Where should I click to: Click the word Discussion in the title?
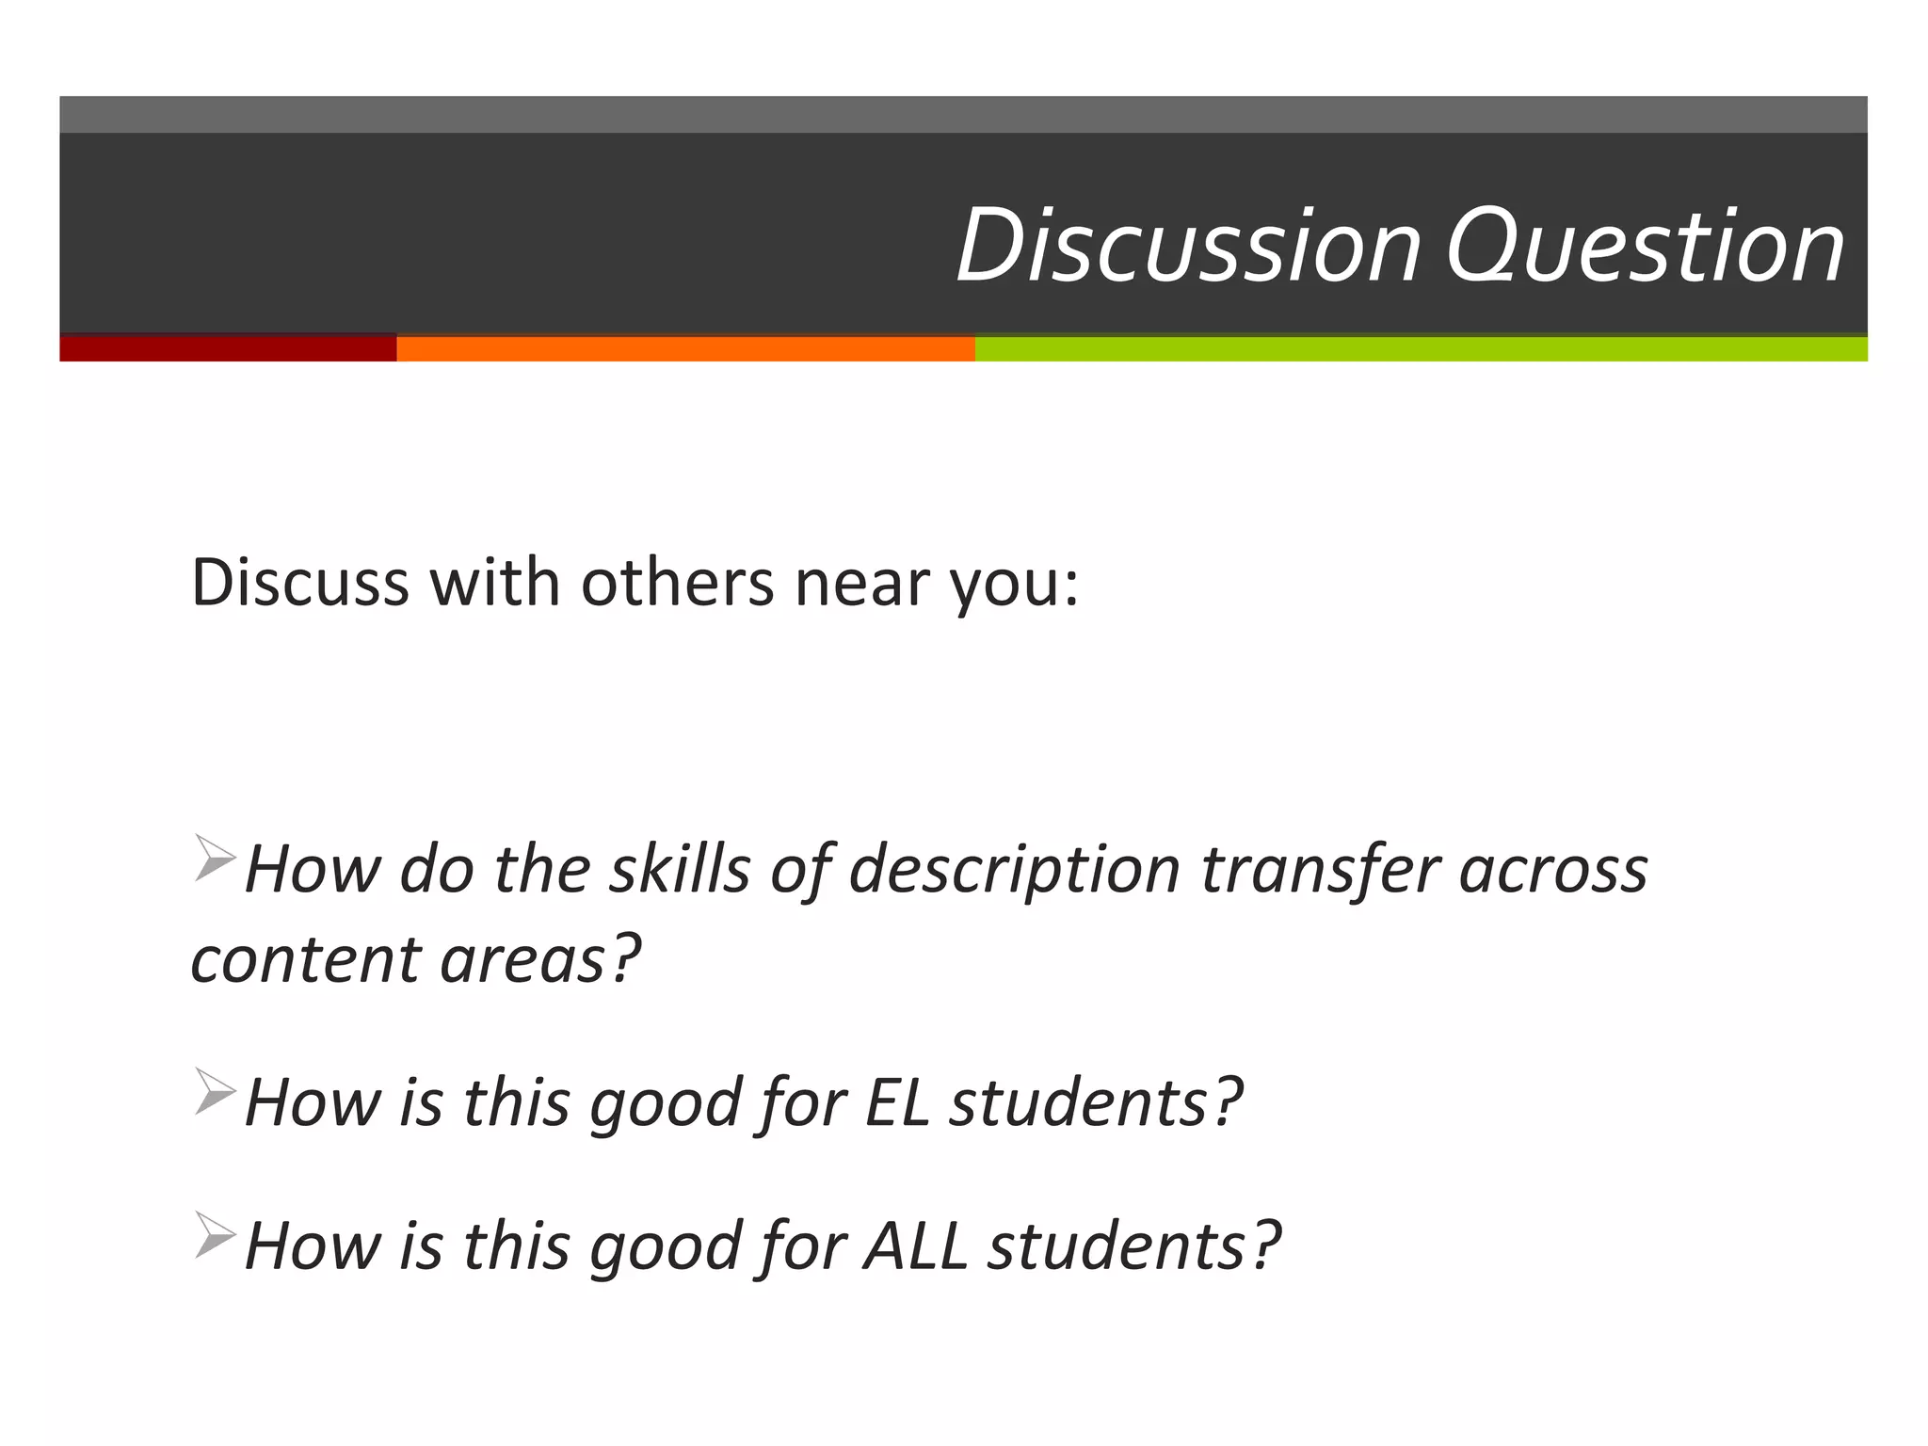[x=1188, y=247]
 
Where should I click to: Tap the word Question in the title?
[x=1645, y=247]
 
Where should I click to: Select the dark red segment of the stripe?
[x=228, y=349]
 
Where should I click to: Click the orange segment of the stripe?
[x=685, y=349]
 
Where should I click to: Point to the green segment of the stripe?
[x=1421, y=349]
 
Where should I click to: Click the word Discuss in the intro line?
[x=300, y=583]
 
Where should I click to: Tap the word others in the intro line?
[x=677, y=583]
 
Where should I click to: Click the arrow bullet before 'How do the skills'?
[x=215, y=858]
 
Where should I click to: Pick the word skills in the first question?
[x=680, y=868]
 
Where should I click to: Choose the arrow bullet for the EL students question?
[x=215, y=1091]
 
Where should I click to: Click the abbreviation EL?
[x=897, y=1102]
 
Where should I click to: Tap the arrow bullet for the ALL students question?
[x=215, y=1234]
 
